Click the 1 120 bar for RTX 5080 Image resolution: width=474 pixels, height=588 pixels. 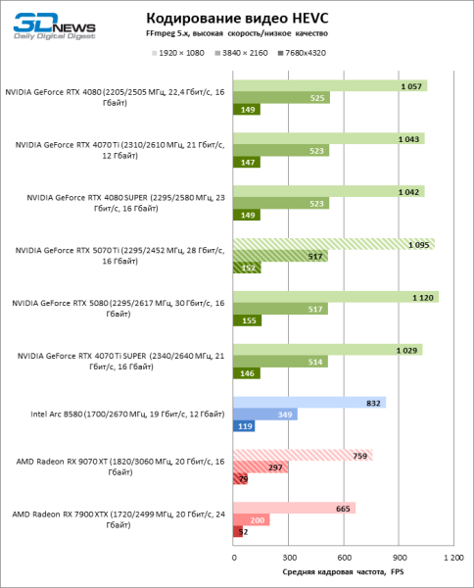point(335,297)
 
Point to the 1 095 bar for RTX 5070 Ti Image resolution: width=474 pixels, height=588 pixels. point(333,244)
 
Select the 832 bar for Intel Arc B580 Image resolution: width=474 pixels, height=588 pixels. point(308,402)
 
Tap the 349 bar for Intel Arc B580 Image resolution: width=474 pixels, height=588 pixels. point(264,415)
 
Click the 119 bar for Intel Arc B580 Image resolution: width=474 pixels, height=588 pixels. point(244,427)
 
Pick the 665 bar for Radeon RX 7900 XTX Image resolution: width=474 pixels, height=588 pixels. point(294,508)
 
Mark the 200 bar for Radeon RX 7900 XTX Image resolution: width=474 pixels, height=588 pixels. point(251,520)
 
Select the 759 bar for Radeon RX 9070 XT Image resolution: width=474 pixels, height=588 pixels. point(302,455)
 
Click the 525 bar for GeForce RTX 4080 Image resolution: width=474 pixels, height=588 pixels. point(281,98)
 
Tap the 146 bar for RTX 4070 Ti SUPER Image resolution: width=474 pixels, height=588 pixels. point(246,374)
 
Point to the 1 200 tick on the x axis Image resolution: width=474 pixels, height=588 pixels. point(450,558)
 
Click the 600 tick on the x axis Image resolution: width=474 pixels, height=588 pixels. point(342,558)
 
